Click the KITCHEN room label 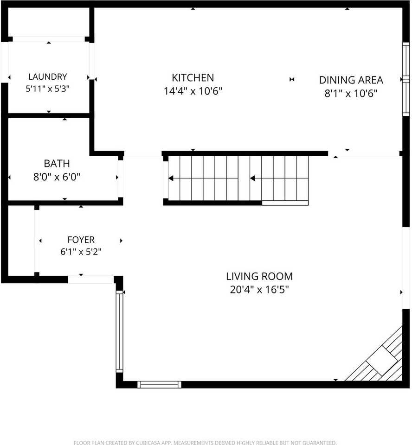tap(193, 78)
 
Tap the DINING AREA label tap(351, 80)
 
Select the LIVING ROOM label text tap(259, 276)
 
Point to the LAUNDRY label tap(47, 76)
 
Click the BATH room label tap(57, 164)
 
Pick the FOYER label tap(81, 240)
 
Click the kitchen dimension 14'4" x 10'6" tap(193, 91)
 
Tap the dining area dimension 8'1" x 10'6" tap(351, 93)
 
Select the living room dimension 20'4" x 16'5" tap(259, 289)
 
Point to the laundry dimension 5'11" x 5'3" tap(47, 89)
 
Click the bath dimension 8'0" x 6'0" tap(57, 177)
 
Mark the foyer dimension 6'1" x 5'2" tap(81, 252)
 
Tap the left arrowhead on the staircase tap(171, 178)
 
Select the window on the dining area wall tap(406, 79)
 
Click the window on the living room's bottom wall tap(160, 385)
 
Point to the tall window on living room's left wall tap(119, 331)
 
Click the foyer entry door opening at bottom tap(91, 279)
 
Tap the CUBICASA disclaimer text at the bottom tap(205, 442)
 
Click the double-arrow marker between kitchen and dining tap(292, 79)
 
